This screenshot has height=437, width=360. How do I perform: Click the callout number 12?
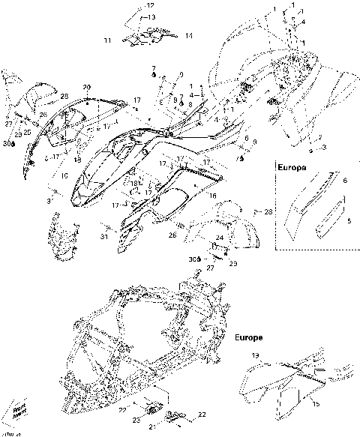[x=150, y=5]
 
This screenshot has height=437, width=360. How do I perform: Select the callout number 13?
[x=151, y=16]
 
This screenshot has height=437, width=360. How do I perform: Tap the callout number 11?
[x=107, y=39]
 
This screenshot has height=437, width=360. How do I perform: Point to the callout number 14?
[x=189, y=35]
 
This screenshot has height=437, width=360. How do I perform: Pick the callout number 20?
[x=86, y=87]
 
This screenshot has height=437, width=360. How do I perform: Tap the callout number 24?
[x=220, y=238]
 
